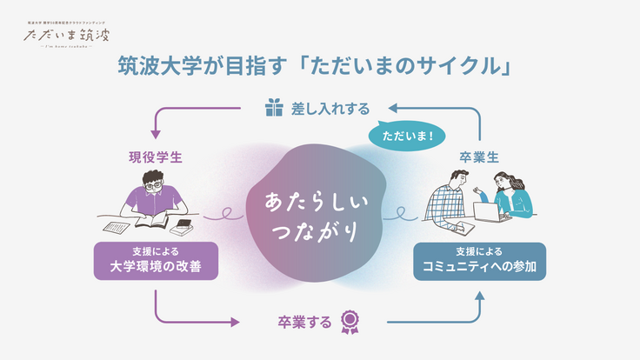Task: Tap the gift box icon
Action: (275, 108)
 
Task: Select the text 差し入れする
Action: (331, 109)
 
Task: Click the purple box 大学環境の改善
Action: (154, 262)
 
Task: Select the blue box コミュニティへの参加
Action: (479, 262)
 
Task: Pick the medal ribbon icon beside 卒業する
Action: (350, 323)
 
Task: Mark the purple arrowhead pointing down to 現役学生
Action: (156, 134)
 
